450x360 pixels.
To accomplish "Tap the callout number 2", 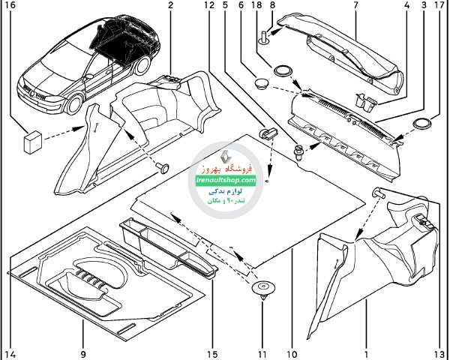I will coord(170,5).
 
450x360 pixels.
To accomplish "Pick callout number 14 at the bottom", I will coord(10,353).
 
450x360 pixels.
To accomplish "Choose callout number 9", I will coord(83,353).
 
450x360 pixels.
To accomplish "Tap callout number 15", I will coord(214,353).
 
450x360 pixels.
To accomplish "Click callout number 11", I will coord(262,353).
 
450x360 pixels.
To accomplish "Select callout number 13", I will coord(437,353).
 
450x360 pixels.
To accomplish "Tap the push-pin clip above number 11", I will coord(263,289).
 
